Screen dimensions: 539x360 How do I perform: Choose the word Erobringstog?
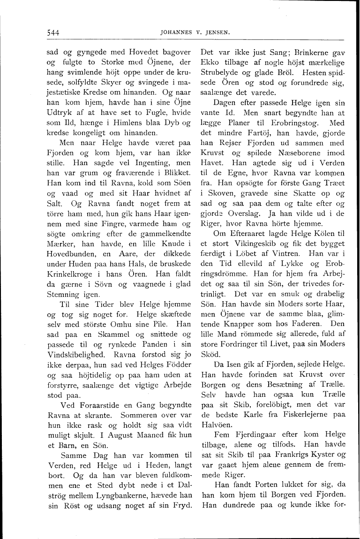pos(289,124)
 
